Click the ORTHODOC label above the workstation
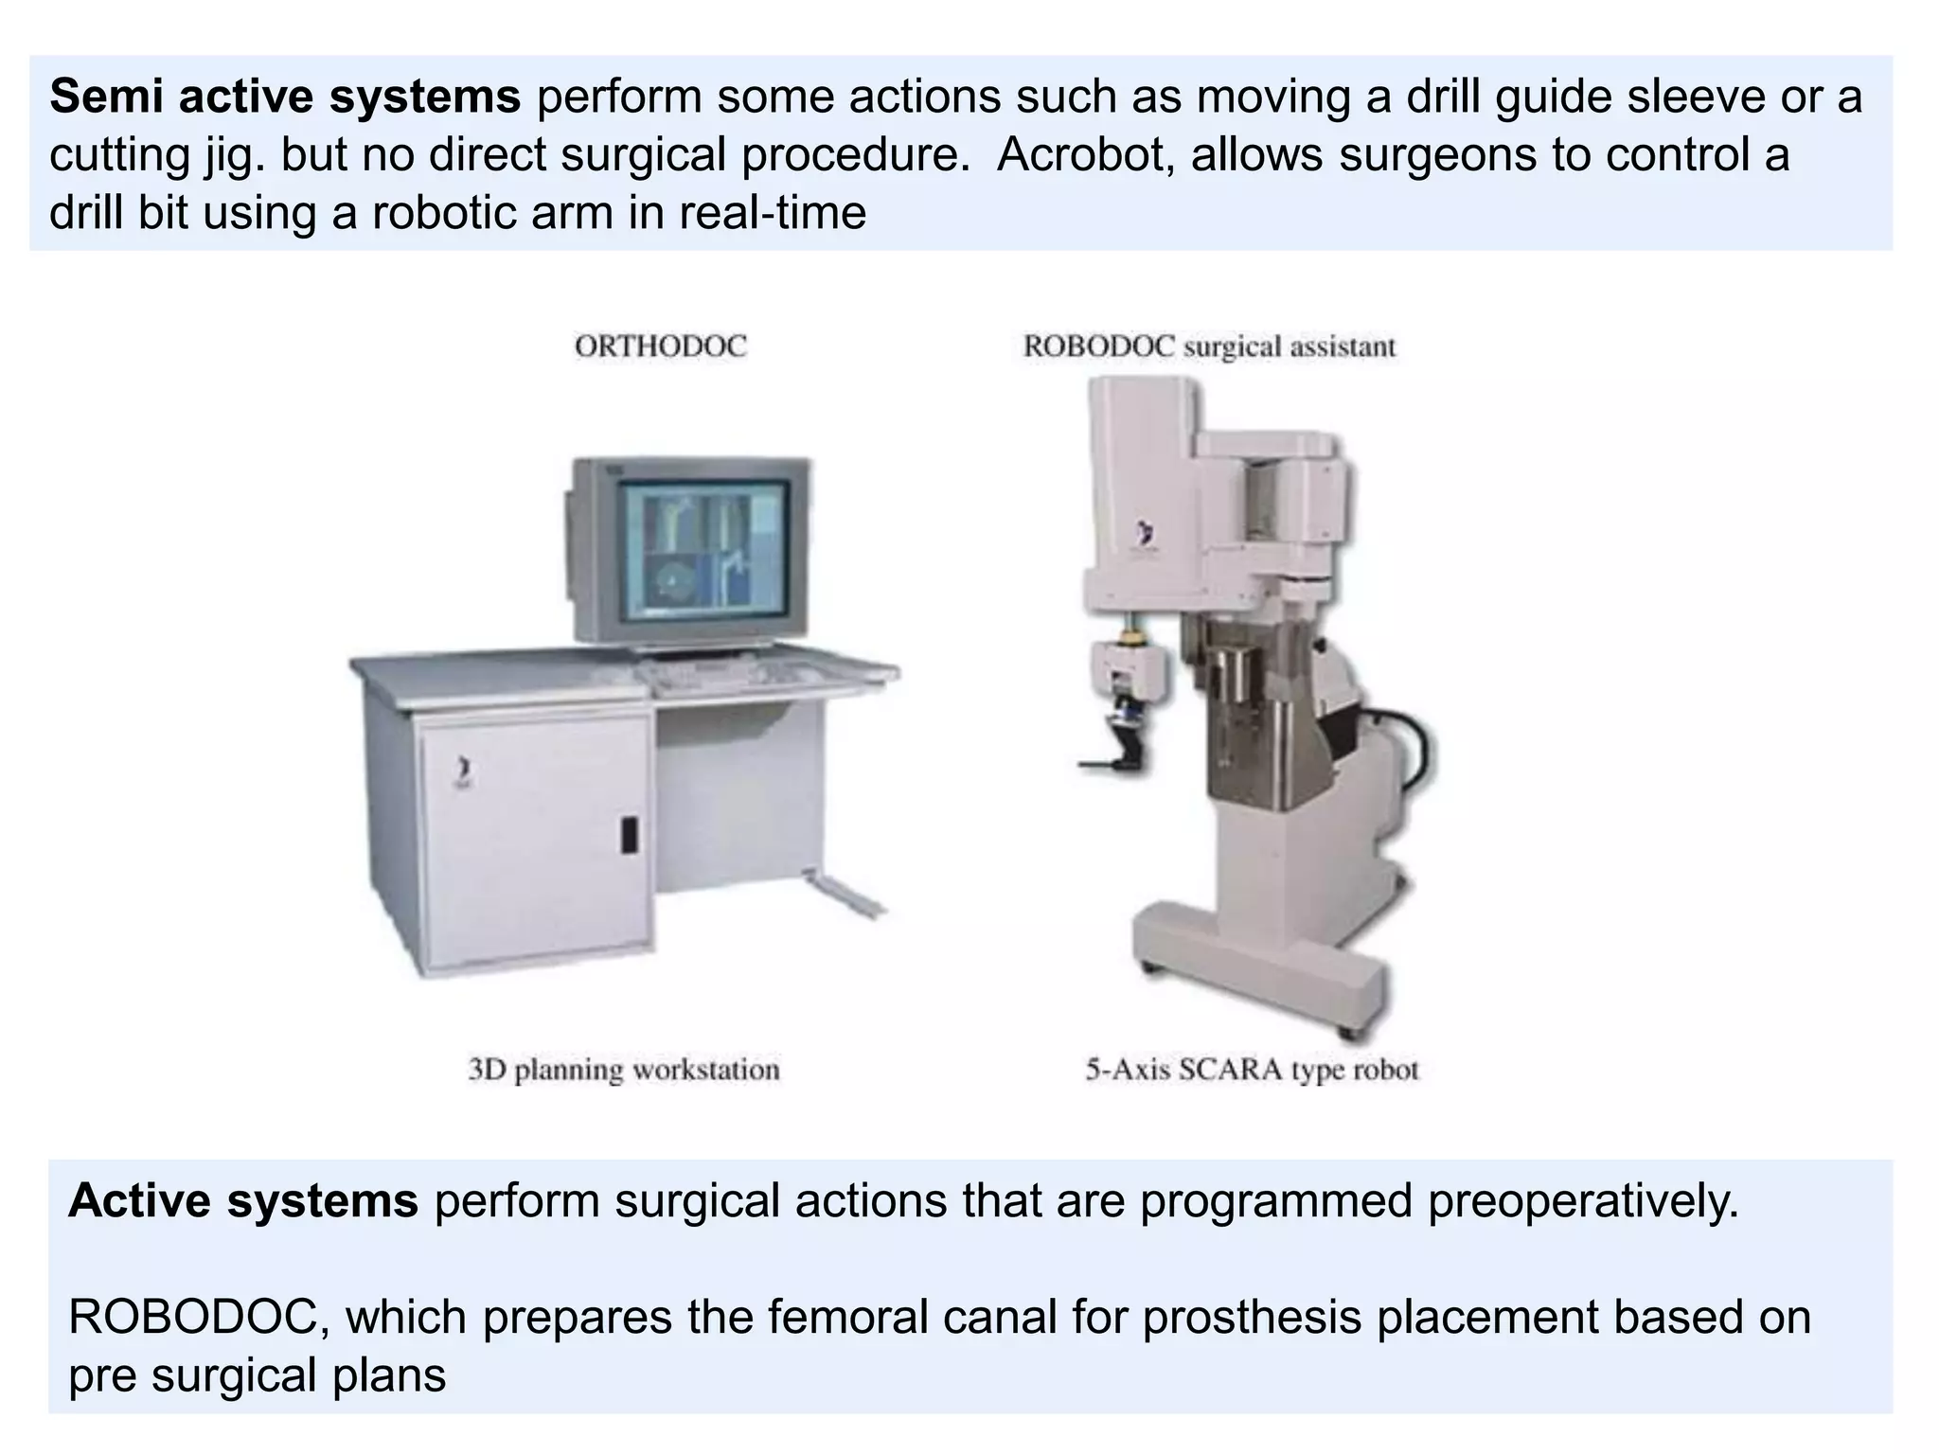(660, 346)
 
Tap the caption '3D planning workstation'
(624, 1070)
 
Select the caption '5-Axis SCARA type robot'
(1252, 1070)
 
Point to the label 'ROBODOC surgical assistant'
(1209, 346)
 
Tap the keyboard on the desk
(720, 673)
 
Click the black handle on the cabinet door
(629, 835)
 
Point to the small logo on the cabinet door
(461, 771)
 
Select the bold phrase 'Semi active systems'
(284, 97)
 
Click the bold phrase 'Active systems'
(242, 1200)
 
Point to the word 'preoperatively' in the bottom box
(1582, 1200)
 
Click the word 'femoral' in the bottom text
(847, 1317)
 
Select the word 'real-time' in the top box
(772, 213)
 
